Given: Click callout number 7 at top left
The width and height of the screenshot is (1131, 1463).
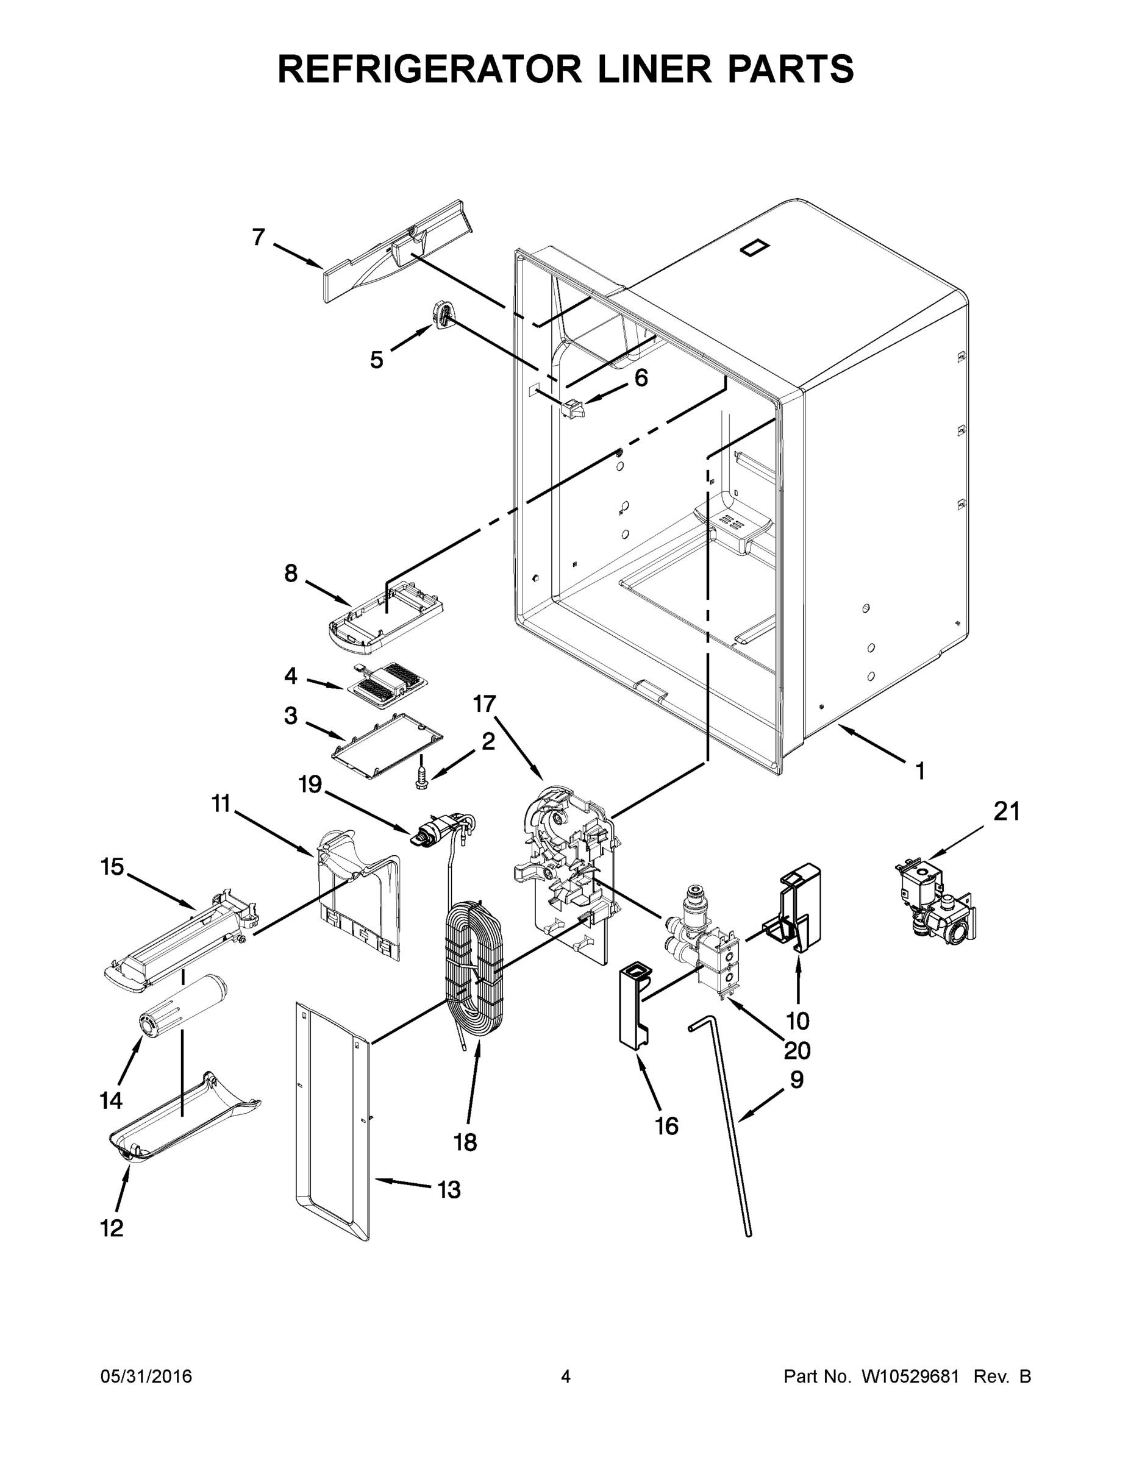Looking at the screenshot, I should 259,237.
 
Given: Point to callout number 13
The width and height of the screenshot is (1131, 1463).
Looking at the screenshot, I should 448,1191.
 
